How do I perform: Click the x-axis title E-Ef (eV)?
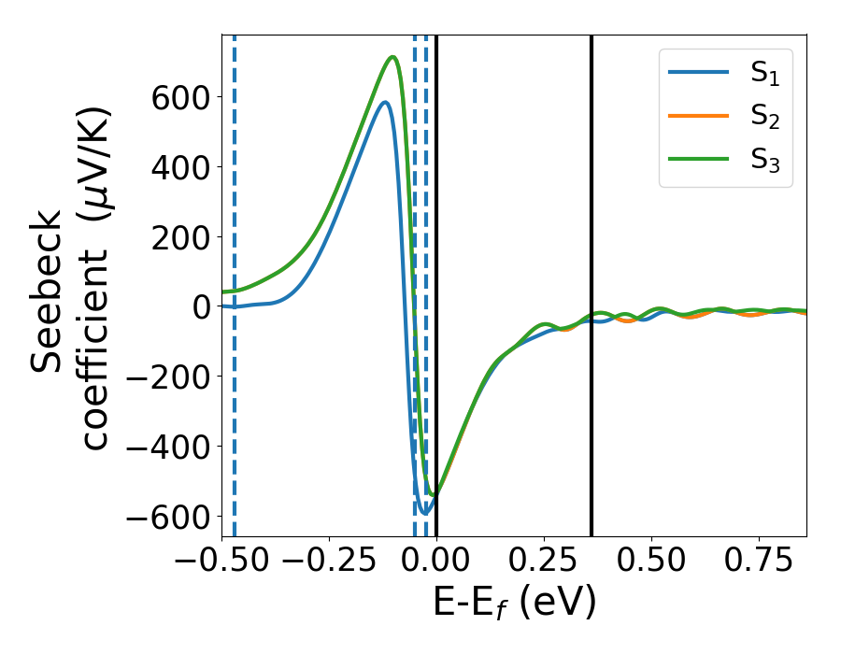click(x=514, y=603)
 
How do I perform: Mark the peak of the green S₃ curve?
click(x=393, y=57)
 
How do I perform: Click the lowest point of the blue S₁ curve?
click(x=425, y=513)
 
